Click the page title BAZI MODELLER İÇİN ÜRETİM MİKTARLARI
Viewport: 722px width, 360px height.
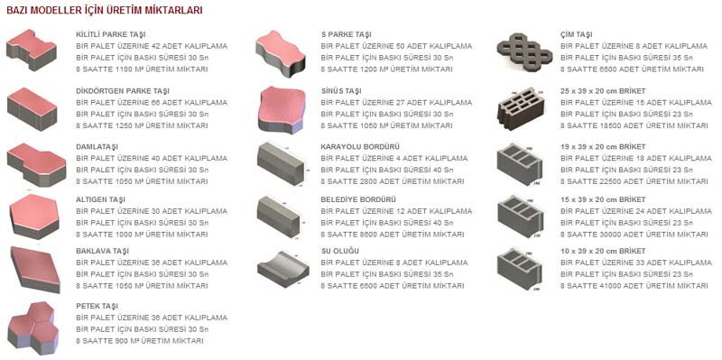tap(105, 11)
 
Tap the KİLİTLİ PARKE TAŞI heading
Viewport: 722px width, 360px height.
tap(111, 34)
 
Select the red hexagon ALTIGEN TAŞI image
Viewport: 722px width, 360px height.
tap(34, 216)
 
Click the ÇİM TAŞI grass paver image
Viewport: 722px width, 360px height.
tap(524, 51)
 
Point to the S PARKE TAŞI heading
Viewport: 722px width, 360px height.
tap(347, 34)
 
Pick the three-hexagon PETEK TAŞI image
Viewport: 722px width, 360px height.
tap(33, 328)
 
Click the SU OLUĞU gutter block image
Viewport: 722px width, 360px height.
tap(283, 269)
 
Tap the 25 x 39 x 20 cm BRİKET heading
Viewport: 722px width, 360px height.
tap(603, 91)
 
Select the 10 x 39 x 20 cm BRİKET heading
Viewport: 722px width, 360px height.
tap(603, 252)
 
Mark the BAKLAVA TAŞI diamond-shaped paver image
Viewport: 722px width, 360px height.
tap(35, 269)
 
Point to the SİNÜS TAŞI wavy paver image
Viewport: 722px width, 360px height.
tap(282, 110)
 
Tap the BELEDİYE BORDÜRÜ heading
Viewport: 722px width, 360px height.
tap(358, 199)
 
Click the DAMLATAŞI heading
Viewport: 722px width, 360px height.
tap(97, 147)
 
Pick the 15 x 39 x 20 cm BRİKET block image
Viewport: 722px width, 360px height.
tap(521, 216)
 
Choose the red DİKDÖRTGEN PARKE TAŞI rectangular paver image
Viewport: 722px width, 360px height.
tap(32, 109)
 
